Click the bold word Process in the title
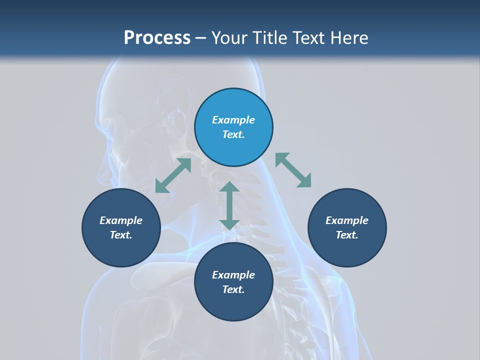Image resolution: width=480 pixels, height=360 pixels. pos(157,38)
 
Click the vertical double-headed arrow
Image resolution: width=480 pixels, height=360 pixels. pos(229,205)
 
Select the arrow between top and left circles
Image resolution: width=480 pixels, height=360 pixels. pos(173,175)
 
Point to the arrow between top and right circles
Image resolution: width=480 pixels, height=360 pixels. pos(293,170)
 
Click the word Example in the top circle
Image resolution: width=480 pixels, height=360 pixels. pos(233,120)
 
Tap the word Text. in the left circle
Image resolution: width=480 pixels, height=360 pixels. pos(121,235)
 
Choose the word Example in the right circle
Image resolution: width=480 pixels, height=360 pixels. pos(347,220)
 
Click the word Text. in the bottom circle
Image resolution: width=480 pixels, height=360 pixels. pos(233,289)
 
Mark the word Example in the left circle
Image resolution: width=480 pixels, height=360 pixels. pos(121,220)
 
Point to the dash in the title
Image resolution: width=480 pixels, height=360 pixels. pos(201,38)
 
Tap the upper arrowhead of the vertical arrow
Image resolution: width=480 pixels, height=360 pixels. pos(229,188)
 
